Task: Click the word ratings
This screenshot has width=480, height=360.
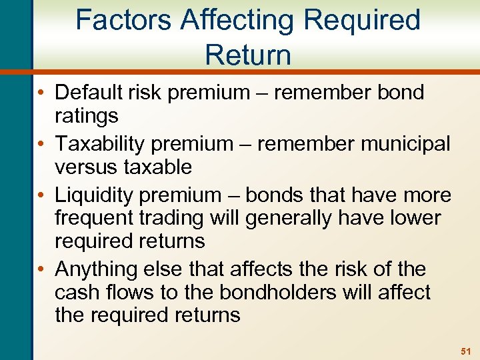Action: [87, 116]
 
